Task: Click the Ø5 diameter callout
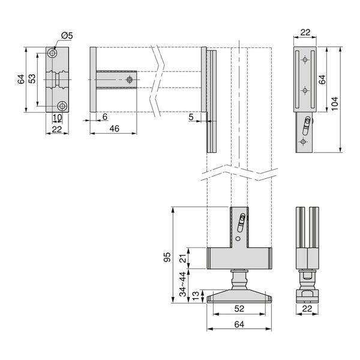(x=67, y=35)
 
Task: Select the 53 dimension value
(x=32, y=79)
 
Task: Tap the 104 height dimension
(x=335, y=104)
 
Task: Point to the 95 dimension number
(x=167, y=257)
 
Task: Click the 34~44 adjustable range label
(x=182, y=284)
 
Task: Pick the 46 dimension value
(x=114, y=128)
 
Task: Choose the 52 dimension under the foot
(x=239, y=309)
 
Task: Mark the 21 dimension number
(x=183, y=258)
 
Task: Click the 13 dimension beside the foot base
(x=196, y=296)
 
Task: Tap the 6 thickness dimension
(x=104, y=117)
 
